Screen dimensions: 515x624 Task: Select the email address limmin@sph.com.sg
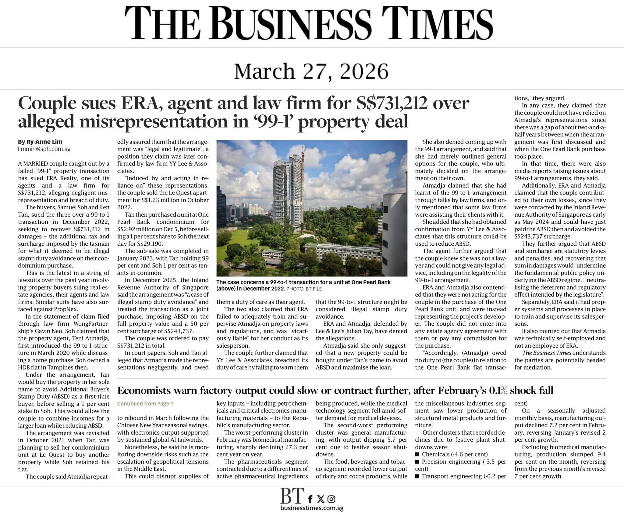[x=44, y=149]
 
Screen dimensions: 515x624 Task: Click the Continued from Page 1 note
[x=145, y=404]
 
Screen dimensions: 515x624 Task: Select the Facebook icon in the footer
[x=310, y=499]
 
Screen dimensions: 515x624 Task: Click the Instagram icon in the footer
[x=331, y=499]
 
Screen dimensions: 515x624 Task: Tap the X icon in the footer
[x=321, y=499]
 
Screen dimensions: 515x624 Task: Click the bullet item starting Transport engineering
[x=460, y=476]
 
